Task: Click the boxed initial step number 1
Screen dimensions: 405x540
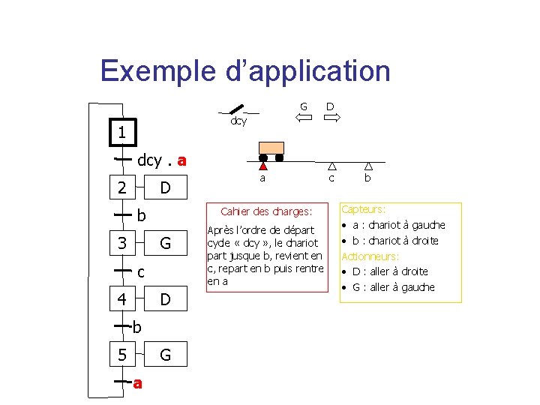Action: tap(121, 133)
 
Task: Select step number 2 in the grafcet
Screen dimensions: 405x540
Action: tap(121, 187)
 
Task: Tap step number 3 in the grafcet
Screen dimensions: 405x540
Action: tap(121, 243)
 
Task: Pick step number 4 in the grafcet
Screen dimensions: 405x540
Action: tap(121, 299)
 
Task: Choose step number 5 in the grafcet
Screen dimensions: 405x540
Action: tap(121, 355)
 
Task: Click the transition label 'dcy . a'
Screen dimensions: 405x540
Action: tap(162, 160)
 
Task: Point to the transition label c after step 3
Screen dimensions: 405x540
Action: tap(141, 271)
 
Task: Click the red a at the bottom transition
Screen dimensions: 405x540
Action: tap(137, 383)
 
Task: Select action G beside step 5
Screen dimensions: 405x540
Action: tap(166, 355)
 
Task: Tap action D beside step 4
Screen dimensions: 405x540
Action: tap(166, 299)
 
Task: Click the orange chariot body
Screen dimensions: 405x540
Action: tap(271, 148)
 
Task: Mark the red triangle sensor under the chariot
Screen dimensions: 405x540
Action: tap(262, 166)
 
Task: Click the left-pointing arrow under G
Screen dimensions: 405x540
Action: tap(303, 118)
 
